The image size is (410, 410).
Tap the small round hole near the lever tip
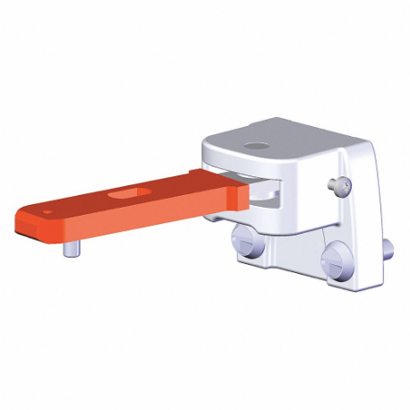click(x=46, y=213)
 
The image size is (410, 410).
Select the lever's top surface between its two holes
click(x=90, y=202)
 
